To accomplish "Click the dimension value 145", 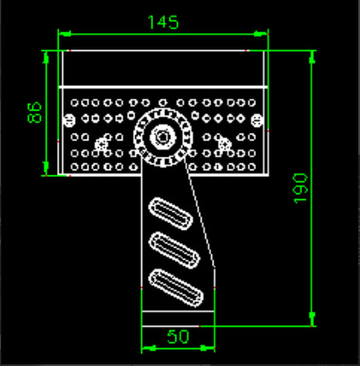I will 163,22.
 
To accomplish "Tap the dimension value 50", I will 177,336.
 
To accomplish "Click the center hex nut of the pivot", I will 161,135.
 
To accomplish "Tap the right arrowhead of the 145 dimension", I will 263,34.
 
